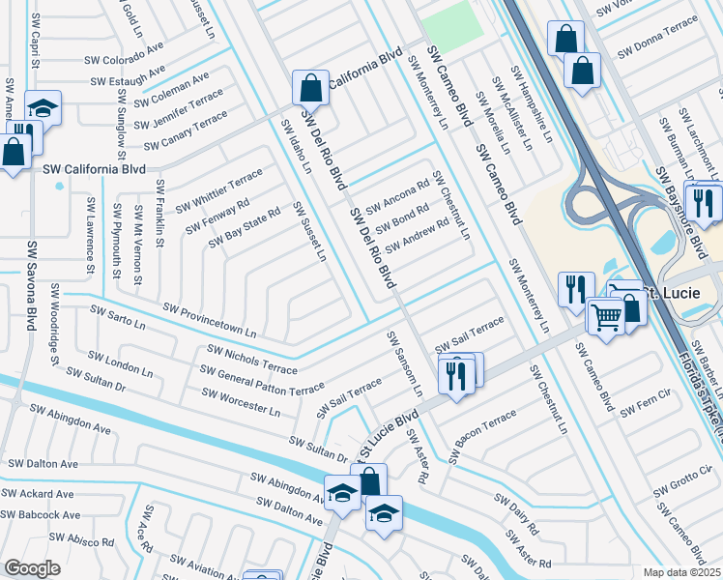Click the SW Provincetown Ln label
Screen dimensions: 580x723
point(210,320)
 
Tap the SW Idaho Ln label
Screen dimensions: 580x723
point(296,145)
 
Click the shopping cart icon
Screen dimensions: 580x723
point(605,315)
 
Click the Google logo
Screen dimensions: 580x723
point(32,568)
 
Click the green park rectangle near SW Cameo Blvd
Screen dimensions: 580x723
point(449,20)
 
